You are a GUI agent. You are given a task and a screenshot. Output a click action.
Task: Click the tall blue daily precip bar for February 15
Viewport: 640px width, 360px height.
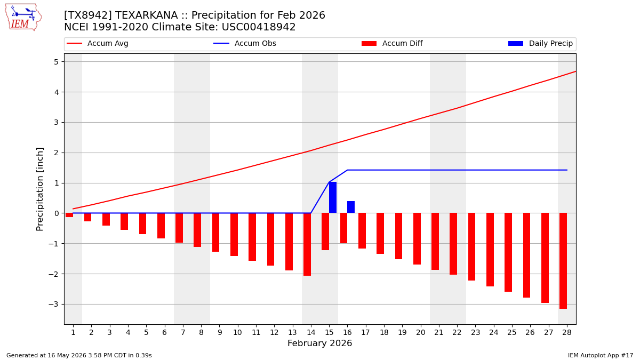[333, 197]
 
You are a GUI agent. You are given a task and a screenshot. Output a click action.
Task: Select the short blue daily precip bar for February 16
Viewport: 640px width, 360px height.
[351, 207]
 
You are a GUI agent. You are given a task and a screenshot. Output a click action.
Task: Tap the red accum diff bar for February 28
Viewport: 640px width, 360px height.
[563, 261]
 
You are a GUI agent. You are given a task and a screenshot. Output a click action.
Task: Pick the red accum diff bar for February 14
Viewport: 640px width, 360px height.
[307, 244]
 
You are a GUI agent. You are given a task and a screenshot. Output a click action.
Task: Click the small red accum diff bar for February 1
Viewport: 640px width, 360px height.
[69, 215]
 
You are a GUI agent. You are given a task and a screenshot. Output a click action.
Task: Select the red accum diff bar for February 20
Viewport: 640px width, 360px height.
[417, 239]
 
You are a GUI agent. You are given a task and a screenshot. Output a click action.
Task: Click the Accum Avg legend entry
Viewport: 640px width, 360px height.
[98, 43]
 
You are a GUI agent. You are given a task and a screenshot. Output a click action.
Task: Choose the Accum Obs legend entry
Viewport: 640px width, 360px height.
[245, 43]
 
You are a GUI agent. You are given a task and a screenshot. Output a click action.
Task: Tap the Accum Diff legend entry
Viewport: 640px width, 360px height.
[392, 43]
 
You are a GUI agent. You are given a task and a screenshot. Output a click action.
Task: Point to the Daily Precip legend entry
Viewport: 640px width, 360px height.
[540, 43]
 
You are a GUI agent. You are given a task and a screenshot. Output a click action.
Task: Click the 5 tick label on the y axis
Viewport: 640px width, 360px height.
[56, 62]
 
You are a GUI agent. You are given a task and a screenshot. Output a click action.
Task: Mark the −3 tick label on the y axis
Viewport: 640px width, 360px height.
[53, 305]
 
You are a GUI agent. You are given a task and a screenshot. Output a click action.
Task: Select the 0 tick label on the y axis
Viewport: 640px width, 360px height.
[56, 213]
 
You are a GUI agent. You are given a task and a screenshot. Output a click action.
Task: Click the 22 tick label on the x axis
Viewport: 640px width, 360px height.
[457, 333]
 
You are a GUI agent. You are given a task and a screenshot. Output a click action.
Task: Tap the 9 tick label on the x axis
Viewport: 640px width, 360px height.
[219, 333]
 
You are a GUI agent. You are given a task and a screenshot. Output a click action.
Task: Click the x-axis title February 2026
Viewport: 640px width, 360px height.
[319, 343]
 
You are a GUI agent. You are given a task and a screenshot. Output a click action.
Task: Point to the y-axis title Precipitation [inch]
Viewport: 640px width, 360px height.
[39, 189]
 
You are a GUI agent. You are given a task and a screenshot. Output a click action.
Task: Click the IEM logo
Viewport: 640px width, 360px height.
[23, 18]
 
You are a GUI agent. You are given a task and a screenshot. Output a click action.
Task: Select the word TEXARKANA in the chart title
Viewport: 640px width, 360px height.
[146, 15]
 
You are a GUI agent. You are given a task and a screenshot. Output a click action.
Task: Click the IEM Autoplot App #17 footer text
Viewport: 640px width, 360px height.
[601, 355]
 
